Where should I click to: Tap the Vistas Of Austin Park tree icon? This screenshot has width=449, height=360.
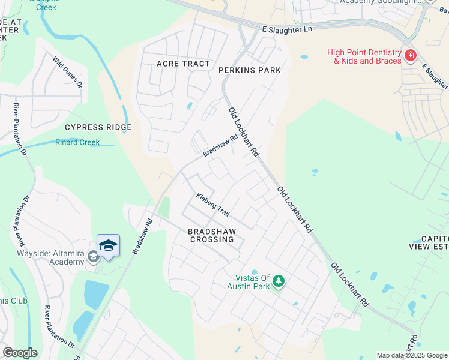(279, 281)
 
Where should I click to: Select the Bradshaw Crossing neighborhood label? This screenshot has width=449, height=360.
(211, 235)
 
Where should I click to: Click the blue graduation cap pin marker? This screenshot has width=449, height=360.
(108, 246)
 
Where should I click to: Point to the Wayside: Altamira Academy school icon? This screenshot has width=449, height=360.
(93, 257)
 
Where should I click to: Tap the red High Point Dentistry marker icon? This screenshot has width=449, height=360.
(411, 56)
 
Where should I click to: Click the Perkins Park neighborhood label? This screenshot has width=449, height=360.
(249, 70)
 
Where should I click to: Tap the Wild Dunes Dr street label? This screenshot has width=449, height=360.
(67, 72)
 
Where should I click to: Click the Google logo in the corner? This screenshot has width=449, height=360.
(20, 353)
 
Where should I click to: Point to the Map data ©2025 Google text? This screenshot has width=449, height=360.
(412, 355)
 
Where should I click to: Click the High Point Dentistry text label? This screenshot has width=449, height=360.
(364, 56)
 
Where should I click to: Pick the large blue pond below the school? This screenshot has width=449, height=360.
(96, 294)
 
